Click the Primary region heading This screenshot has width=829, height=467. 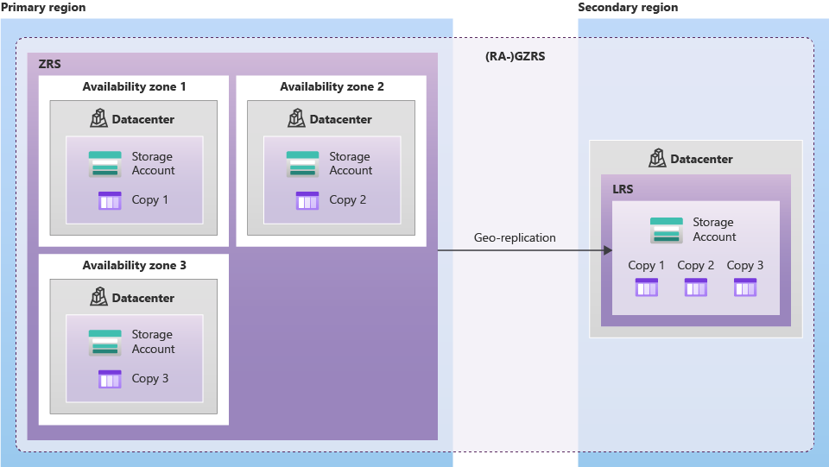coord(43,8)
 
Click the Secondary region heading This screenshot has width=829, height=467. coord(628,8)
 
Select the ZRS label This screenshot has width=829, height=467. coord(49,64)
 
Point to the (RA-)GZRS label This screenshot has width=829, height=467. coord(516,56)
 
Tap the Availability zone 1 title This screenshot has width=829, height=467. coord(134,87)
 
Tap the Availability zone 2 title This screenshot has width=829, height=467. coord(332,87)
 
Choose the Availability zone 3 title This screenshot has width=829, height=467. coord(134,266)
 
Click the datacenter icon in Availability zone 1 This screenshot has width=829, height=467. coord(99,119)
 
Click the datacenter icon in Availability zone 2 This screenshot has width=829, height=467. coord(297,119)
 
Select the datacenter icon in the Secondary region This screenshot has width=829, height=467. coord(658,159)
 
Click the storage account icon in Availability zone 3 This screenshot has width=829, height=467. coord(105,342)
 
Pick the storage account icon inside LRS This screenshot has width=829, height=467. coord(666,230)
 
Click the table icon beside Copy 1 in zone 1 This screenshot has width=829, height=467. coord(110,200)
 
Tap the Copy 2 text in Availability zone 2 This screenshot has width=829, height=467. coord(347,200)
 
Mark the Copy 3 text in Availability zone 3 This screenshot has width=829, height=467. coord(150,378)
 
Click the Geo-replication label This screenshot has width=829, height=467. coord(515,237)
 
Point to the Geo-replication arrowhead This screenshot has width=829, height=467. coord(607,250)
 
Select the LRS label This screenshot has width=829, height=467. coord(622,189)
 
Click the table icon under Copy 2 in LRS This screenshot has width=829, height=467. coord(695,287)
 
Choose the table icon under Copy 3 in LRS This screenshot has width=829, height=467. coord(744,287)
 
